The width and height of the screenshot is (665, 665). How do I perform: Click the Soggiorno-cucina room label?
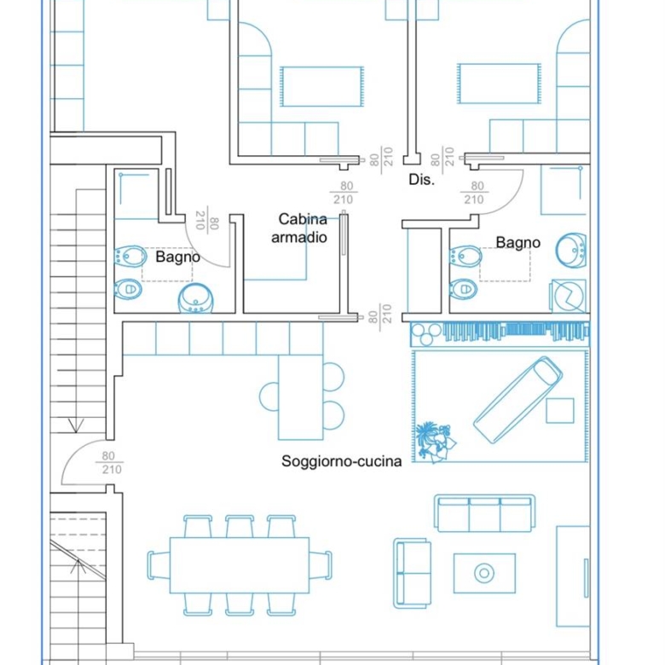(x=341, y=461)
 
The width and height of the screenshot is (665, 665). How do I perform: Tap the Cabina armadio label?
(x=299, y=228)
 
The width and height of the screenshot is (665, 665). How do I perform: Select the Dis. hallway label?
(x=421, y=180)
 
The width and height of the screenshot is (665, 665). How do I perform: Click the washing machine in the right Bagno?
(x=569, y=296)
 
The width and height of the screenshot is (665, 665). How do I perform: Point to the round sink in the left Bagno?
(x=195, y=298)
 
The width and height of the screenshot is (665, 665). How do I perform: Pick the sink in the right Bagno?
(x=571, y=250)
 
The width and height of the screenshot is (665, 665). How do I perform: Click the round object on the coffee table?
(x=484, y=574)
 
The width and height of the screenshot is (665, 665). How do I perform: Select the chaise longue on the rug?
(x=518, y=400)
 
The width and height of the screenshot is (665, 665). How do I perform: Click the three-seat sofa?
(x=484, y=513)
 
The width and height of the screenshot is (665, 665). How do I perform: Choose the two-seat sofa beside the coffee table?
(x=413, y=574)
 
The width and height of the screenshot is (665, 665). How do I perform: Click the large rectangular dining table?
(x=240, y=565)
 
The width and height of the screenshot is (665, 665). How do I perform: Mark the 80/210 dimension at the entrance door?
(x=111, y=463)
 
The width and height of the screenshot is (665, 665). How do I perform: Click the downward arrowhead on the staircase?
(x=76, y=425)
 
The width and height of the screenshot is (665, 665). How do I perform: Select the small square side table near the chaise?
(x=560, y=411)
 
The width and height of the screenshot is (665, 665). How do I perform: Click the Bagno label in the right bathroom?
(x=518, y=243)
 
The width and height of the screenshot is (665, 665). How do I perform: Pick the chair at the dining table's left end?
(x=159, y=565)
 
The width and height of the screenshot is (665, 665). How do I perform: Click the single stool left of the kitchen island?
(x=269, y=396)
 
